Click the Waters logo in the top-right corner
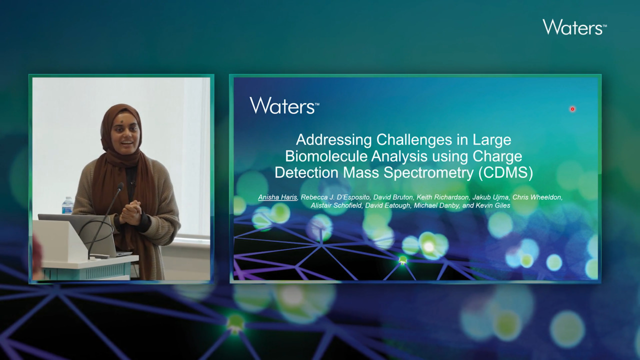[x=574, y=27]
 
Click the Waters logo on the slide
[x=284, y=105]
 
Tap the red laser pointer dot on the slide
[x=572, y=109]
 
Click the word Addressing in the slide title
[x=333, y=140]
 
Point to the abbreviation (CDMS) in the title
[x=505, y=172]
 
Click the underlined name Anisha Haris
[x=277, y=197]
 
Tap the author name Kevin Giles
[x=493, y=205]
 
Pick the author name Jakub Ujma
[x=490, y=197]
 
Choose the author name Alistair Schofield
[x=336, y=205]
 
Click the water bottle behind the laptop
[x=67, y=205]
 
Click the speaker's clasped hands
[x=130, y=212]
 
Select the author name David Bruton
[x=393, y=197]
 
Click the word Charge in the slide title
[x=497, y=156]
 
